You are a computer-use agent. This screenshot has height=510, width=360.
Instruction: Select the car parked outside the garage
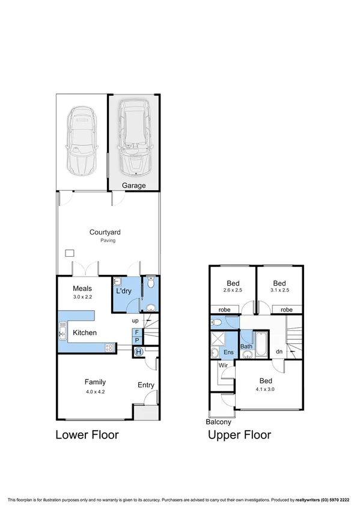81,140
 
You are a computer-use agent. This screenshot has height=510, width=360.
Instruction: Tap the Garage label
134,186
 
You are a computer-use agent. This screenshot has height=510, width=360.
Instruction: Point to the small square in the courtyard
70,253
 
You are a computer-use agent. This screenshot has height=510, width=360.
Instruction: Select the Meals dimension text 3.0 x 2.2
82,297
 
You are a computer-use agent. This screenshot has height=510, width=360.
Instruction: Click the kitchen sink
62,331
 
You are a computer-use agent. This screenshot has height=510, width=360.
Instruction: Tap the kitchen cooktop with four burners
110,347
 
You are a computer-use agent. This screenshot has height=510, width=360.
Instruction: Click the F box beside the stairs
137,331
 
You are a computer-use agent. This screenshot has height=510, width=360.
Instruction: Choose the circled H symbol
139,352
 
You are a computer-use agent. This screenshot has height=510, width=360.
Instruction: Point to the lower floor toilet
150,283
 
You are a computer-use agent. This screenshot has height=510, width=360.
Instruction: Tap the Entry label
145,386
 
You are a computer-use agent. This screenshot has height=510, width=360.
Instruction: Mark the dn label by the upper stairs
278,352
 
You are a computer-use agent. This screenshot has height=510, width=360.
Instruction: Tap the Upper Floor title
239,435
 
